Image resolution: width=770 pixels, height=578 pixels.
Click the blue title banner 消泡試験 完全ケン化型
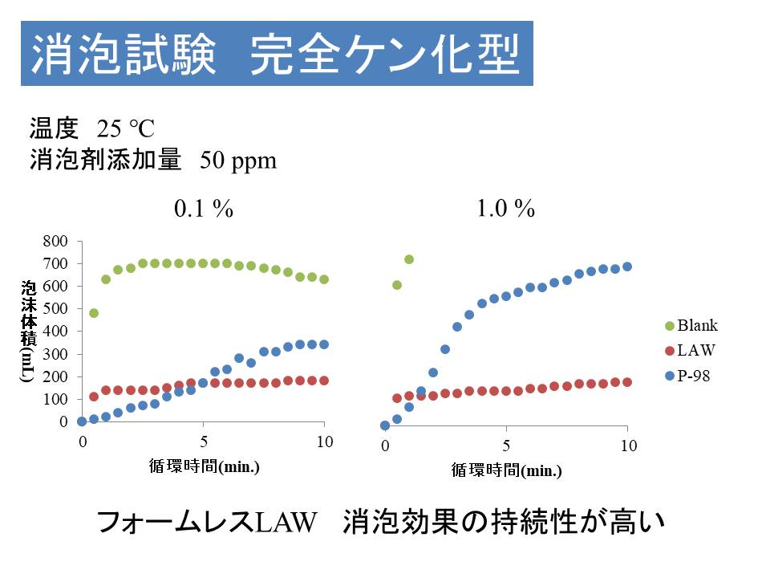[x=277, y=53]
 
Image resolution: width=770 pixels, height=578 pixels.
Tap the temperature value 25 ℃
[x=125, y=128]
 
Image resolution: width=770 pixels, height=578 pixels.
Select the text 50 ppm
[x=238, y=161]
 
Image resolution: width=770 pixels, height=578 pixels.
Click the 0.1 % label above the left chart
[x=204, y=210]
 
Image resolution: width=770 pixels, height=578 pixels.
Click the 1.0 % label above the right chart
[x=505, y=210]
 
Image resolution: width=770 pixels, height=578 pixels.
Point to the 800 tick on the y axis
[x=61, y=241]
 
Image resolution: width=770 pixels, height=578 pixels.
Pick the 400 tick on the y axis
[x=61, y=331]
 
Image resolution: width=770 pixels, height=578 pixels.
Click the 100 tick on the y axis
[x=61, y=399]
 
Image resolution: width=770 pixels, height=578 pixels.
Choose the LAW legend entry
[x=695, y=350]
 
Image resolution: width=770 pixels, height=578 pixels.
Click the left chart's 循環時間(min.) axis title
[x=205, y=466]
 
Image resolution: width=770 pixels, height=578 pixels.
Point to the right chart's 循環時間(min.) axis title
[x=506, y=471]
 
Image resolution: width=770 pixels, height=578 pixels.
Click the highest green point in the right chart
[x=409, y=259]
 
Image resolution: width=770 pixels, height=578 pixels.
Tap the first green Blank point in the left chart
[x=94, y=313]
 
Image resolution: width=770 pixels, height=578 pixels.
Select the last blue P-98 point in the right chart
[x=627, y=267]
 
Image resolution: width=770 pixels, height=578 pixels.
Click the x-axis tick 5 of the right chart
[x=506, y=446]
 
